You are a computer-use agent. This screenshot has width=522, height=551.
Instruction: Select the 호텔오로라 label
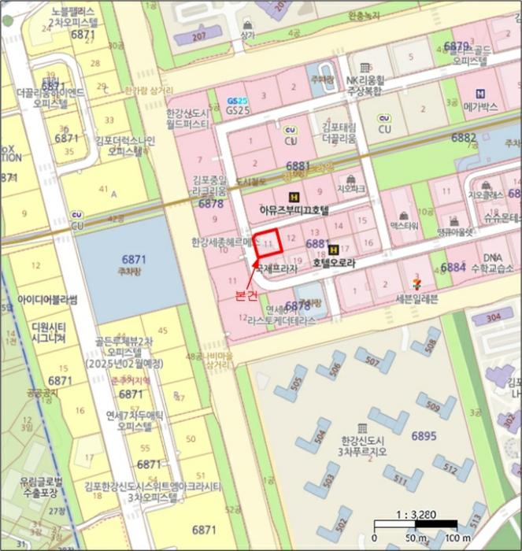pos(334,264)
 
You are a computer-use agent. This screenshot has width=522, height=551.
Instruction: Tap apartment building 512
pos(450,468)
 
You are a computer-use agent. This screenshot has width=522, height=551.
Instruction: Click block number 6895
pos(423,435)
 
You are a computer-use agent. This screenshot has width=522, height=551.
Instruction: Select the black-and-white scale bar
pos(416,524)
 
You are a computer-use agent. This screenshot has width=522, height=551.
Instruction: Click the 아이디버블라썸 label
pos(46,300)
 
